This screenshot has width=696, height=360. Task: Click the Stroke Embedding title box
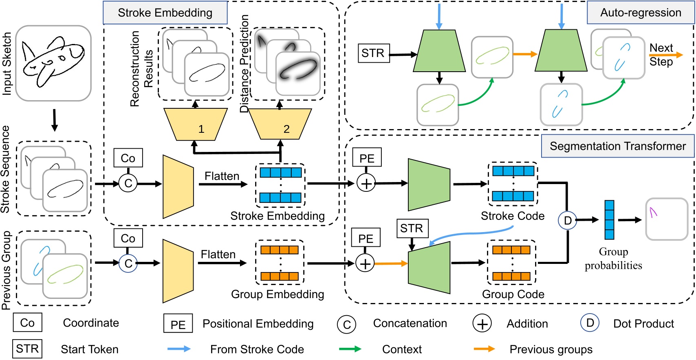(x=165, y=13)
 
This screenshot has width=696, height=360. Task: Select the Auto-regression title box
(x=640, y=13)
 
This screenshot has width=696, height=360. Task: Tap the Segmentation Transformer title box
(x=617, y=146)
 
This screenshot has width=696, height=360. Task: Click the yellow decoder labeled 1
(x=195, y=124)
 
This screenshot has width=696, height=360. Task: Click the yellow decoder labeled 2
(x=280, y=124)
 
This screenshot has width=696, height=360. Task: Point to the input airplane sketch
(x=53, y=63)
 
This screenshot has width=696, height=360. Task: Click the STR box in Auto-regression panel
(x=373, y=53)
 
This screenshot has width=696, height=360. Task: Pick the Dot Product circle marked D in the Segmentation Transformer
(x=567, y=220)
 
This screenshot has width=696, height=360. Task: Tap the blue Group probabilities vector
(x=609, y=220)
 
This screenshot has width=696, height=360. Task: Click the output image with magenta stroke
(x=667, y=219)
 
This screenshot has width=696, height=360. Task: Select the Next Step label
(x=661, y=55)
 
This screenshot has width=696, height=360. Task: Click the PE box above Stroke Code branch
(x=367, y=158)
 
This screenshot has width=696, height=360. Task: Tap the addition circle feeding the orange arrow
(x=365, y=263)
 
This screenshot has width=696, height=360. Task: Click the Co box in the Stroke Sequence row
(x=128, y=158)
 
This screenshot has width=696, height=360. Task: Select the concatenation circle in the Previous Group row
(x=128, y=263)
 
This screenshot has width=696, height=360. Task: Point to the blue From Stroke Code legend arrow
(x=179, y=349)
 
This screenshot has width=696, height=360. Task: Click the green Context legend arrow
(x=350, y=349)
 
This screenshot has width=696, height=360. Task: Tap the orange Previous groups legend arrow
(x=485, y=349)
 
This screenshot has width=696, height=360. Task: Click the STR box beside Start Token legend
(x=27, y=349)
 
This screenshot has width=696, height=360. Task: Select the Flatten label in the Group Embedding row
(x=218, y=255)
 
